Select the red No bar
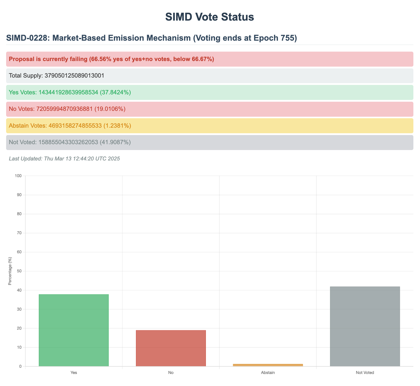coord(171,348)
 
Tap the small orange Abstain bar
coord(268,365)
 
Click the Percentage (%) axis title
coord(10,271)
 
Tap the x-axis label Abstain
coord(268,373)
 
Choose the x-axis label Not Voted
coord(365,373)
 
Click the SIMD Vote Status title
coord(210,17)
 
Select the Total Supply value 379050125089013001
coord(74,76)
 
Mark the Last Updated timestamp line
coord(64,159)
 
